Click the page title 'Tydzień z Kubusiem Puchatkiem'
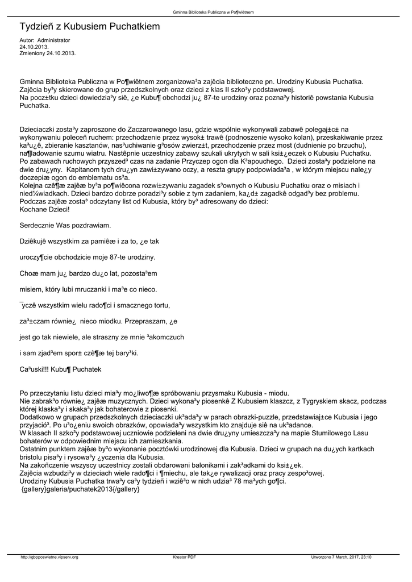pos(90,27)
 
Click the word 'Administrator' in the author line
pos(53,40)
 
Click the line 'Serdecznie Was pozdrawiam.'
pos(65,226)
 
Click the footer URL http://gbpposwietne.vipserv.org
pos(49,557)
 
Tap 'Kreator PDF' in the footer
pos(184,557)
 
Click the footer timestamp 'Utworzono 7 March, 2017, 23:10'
pos(342,557)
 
